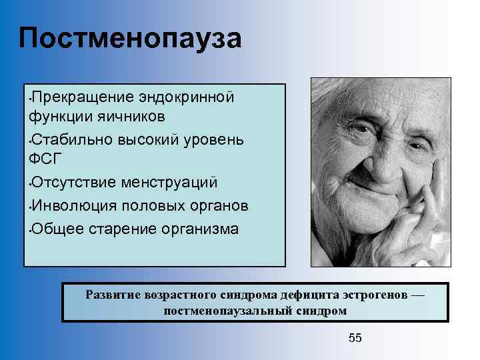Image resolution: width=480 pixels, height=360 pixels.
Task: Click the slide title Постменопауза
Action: (x=130, y=39)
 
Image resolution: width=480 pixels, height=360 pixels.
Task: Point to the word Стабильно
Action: (x=71, y=140)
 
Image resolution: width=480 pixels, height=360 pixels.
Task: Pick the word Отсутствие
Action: (x=72, y=183)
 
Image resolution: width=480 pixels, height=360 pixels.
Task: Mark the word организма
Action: (x=199, y=229)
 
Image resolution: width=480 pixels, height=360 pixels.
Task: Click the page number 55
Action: (x=355, y=338)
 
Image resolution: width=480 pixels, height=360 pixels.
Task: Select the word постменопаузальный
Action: (x=221, y=311)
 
